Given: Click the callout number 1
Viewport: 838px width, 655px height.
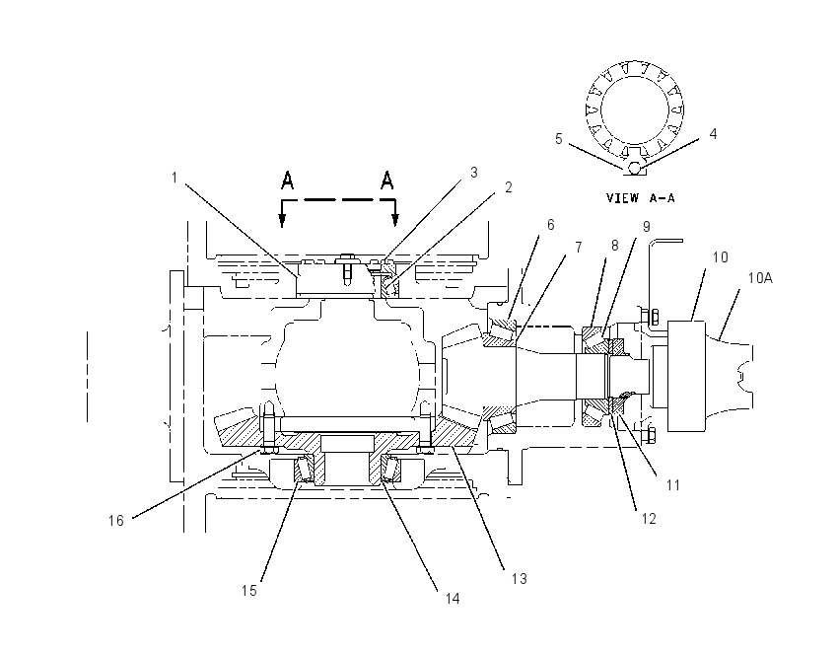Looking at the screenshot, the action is tap(175, 177).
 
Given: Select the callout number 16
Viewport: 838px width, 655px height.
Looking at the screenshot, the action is tap(116, 520).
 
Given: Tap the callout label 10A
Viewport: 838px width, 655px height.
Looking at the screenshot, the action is tap(760, 278).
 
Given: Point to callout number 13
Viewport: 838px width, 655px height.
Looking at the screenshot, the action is tap(519, 578).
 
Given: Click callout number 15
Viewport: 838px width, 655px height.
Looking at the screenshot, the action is tap(249, 590).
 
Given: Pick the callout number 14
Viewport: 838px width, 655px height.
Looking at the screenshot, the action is tap(453, 599).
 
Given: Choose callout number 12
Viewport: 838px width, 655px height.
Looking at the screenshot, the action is tap(649, 519).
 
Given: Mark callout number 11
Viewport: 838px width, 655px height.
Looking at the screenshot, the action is tap(672, 485).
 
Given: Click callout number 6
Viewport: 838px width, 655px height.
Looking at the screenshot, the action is tap(551, 225).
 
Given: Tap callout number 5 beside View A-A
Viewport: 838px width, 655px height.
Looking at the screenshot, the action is tap(558, 139).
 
